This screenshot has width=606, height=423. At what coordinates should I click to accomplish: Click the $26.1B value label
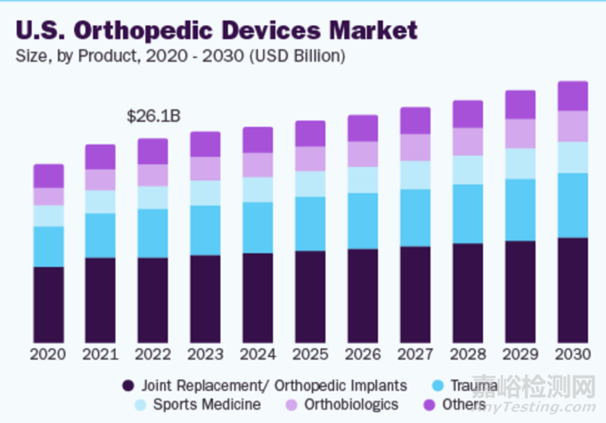[x=153, y=117]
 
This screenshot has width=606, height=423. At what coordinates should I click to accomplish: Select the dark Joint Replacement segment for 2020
[x=48, y=303]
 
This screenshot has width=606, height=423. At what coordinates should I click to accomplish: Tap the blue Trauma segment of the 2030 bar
[x=573, y=205]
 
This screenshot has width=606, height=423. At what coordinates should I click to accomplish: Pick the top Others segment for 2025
[x=310, y=134]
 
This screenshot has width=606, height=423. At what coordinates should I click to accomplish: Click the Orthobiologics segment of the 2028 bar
[x=468, y=141]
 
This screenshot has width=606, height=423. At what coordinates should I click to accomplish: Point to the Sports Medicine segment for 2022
[x=153, y=197]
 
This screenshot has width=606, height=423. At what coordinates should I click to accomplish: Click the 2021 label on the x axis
[x=101, y=354]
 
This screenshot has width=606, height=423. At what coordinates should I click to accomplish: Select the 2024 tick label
[x=258, y=354]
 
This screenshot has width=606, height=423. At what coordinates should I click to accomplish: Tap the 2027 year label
[x=415, y=354]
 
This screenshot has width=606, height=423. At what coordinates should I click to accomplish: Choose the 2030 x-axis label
[x=573, y=354]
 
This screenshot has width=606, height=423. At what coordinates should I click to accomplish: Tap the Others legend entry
[x=454, y=404]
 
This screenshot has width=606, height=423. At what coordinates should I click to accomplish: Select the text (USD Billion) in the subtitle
[x=299, y=56]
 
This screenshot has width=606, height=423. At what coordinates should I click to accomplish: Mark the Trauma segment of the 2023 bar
[x=205, y=230]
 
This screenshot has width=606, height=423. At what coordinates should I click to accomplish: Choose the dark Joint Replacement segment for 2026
[x=363, y=294]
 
